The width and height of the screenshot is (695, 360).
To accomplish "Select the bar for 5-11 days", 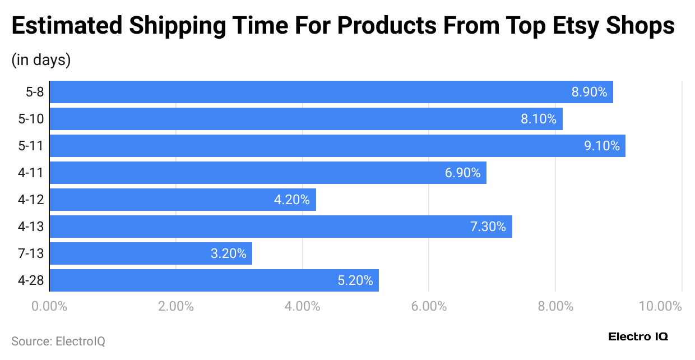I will [337, 146].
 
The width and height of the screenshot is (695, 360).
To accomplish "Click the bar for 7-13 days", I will [151, 253].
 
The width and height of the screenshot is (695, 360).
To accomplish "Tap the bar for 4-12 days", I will [183, 200].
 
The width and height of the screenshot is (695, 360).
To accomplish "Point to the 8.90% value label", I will [589, 93].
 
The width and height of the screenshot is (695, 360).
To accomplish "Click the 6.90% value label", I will [462, 173].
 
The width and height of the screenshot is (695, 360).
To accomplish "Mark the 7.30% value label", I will [488, 227].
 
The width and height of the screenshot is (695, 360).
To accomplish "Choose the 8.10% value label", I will [539, 119].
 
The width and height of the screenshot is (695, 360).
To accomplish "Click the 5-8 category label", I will [35, 93].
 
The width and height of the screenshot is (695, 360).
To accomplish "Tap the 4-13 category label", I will [31, 227].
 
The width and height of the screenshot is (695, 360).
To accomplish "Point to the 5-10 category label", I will [31, 119].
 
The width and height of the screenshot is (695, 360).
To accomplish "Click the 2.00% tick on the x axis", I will [175, 307].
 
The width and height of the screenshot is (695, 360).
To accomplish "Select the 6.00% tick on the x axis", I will [429, 307].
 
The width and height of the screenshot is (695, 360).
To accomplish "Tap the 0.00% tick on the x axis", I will [49, 307].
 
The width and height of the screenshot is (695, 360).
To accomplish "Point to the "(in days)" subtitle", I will [41, 60].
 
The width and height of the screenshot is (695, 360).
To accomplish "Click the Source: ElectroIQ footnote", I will [58, 341].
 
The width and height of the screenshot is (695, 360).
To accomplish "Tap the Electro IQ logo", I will [638, 337].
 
